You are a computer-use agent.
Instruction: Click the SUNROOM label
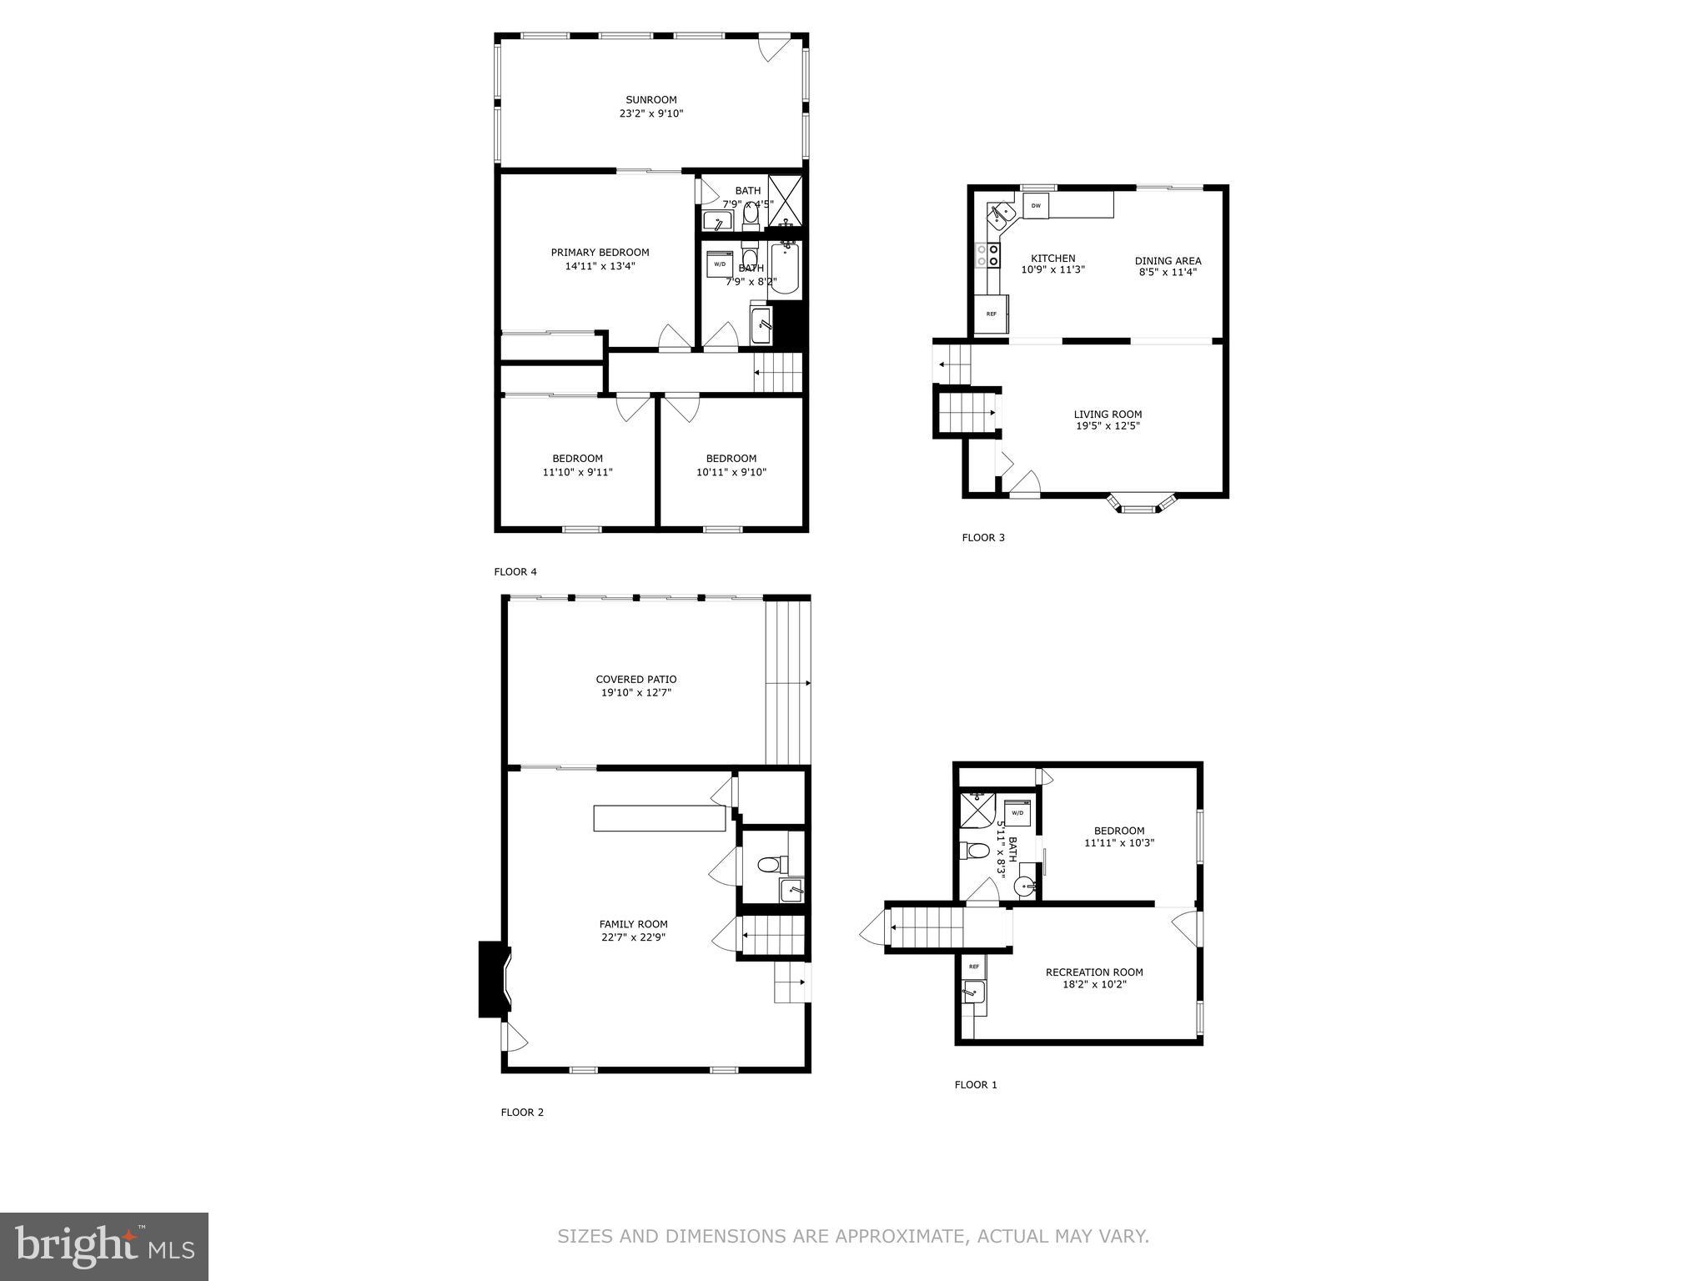(x=651, y=99)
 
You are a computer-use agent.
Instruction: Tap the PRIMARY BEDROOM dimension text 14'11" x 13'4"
(x=600, y=267)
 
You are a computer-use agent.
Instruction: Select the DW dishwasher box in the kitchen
(x=1035, y=205)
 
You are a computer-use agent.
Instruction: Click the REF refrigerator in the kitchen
(x=992, y=314)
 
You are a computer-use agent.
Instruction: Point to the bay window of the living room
(x=1142, y=505)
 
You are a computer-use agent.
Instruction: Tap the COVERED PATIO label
(x=635, y=679)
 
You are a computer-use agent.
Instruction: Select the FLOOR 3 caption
(x=983, y=537)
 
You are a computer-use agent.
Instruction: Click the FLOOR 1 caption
(x=976, y=1084)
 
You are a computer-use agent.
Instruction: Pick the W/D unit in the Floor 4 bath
(x=720, y=264)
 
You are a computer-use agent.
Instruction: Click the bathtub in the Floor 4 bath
(x=785, y=269)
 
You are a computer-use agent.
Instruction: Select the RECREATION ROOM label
(x=1094, y=972)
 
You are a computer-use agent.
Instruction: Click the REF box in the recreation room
(x=973, y=967)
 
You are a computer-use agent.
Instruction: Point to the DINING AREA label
(x=1168, y=260)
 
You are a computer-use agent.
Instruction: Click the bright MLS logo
(x=104, y=1246)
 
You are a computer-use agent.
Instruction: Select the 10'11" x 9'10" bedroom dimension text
(x=731, y=472)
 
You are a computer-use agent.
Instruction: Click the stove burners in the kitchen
(x=987, y=255)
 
